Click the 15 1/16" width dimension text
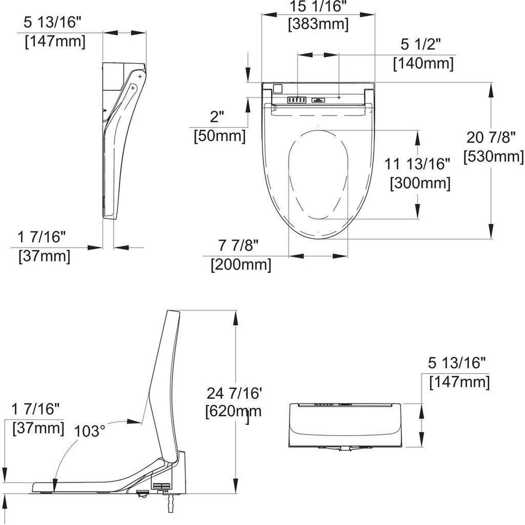pos(318,7)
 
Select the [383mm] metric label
pos(318,25)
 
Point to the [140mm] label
pos(423,64)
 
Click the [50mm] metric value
pos(219,136)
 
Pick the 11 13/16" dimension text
pos(417,164)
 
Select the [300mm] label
pos(420,183)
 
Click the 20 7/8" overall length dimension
pos(491,138)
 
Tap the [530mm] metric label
pos(493,157)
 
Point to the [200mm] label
pos(241,264)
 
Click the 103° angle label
pos(89,431)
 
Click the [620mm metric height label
pos(234,412)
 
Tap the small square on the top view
pos(278,89)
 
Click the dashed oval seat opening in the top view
pos(319,174)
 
